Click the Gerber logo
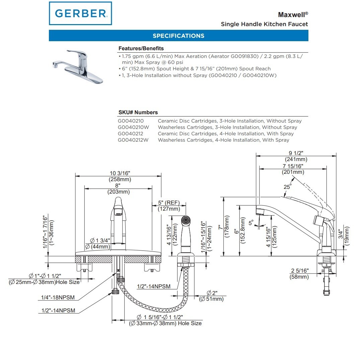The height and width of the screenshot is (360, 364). (80, 13)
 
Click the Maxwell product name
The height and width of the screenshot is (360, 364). (292, 15)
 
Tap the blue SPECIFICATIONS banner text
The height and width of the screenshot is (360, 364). (178, 36)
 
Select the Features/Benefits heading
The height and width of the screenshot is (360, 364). (141, 49)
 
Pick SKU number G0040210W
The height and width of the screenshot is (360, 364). (133, 127)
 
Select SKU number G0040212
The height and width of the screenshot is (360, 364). (131, 134)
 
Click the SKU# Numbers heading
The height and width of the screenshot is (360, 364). (138, 113)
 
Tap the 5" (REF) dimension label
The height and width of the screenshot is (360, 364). (169, 203)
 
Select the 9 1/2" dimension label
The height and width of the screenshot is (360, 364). (296, 153)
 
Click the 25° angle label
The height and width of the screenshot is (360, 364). (287, 187)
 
